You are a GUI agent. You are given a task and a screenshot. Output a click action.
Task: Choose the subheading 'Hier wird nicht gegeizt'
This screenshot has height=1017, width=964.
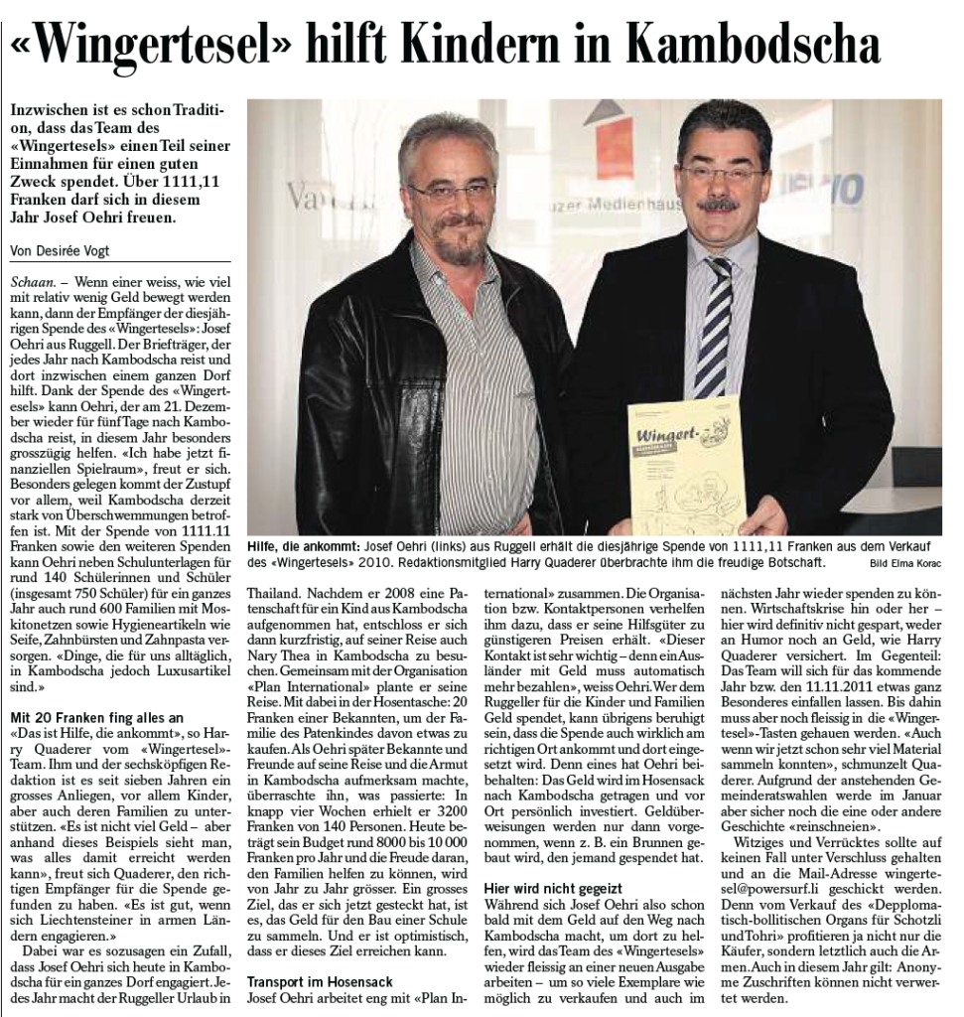click(x=553, y=887)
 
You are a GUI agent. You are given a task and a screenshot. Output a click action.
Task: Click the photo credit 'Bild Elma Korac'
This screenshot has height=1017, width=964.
click(x=904, y=564)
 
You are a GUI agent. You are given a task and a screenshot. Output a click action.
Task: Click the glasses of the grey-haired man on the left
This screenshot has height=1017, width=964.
click(x=451, y=191)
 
